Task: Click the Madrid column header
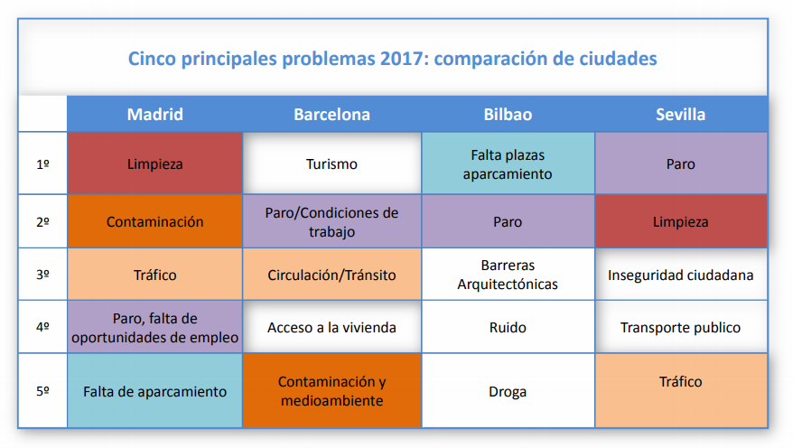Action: [x=155, y=114]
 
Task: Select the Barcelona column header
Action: [x=332, y=114]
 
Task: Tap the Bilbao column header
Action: [x=508, y=114]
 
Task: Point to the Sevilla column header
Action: [x=681, y=114]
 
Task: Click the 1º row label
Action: [x=43, y=164]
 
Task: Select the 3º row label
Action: [x=43, y=275]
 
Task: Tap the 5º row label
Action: [x=43, y=391]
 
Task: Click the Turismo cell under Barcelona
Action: [x=332, y=163]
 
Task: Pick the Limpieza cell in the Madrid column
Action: [x=155, y=163]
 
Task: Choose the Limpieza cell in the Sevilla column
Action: [x=681, y=221]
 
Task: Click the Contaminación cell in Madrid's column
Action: [x=155, y=221]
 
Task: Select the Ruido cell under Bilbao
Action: [x=508, y=327]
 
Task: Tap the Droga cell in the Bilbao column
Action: [x=508, y=391]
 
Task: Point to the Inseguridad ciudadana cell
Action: [x=681, y=275]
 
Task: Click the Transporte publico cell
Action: [x=681, y=327]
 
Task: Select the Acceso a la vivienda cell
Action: [x=332, y=327]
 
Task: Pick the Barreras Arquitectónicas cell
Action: [x=508, y=275]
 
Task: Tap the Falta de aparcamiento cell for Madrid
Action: [x=155, y=391]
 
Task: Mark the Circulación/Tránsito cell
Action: [x=332, y=275]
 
